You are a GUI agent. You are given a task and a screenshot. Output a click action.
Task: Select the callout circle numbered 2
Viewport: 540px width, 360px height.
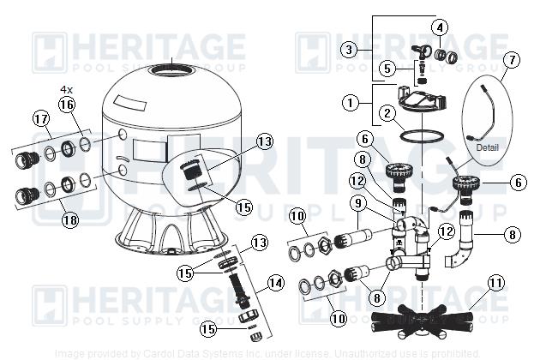[x=387, y=112]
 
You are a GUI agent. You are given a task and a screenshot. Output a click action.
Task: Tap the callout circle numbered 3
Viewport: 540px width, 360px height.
[x=349, y=50]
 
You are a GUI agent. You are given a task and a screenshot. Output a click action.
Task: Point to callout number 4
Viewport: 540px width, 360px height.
[x=440, y=27]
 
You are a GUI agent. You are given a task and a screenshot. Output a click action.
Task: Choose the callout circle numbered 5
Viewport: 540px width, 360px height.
[x=387, y=67]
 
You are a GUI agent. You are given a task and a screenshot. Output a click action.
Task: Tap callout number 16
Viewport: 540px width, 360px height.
[x=67, y=105]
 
